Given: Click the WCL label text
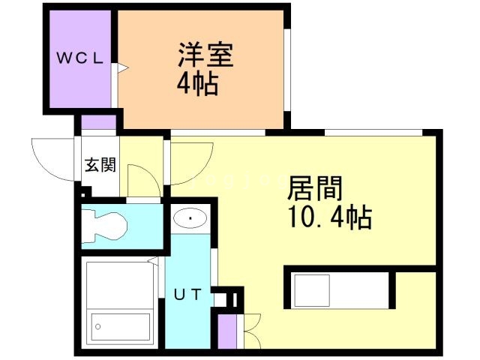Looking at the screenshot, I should (x=78, y=58).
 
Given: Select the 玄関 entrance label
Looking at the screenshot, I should (x=99, y=165).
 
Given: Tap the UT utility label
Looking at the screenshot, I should (x=187, y=295).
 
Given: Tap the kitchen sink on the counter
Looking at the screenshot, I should (x=308, y=289).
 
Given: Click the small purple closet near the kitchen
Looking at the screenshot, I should (x=227, y=331).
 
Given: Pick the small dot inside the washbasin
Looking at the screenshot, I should (x=192, y=219).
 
